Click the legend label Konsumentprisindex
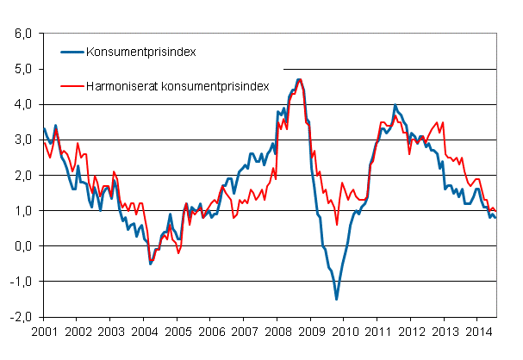140,53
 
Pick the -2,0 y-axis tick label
21,317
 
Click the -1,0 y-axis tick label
21,282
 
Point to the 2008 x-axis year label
277,331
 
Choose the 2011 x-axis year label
377,331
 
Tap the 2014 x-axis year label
478,331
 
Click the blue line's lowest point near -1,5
337,299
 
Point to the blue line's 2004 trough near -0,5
151,264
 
